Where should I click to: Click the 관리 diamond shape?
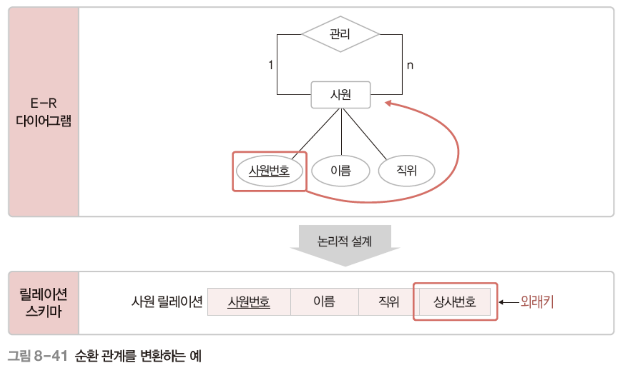pos(340,34)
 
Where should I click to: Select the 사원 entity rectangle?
pos(341,95)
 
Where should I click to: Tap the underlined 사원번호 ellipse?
pos(269,171)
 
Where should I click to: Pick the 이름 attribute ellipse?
pos(341,171)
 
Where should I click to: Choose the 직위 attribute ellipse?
pos(406,171)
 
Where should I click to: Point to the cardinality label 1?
pos(271,65)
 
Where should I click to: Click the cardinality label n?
pos(410,65)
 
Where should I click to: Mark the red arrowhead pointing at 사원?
pos(388,103)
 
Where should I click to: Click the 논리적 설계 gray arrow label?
pos(344,241)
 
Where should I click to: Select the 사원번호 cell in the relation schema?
pos(249,302)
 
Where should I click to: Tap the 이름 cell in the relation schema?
pos(324,302)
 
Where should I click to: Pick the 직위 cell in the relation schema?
pos(388,302)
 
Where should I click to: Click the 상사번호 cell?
pos(455,302)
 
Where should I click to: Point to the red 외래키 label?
pos(537,302)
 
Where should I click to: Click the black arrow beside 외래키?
pos(509,302)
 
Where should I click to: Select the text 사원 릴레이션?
pos(167,301)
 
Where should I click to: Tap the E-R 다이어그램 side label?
pos(43,112)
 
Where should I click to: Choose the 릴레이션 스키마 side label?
pos(43,303)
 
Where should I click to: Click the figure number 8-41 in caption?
pos(51,355)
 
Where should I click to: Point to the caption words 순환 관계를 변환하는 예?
pos(138,355)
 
